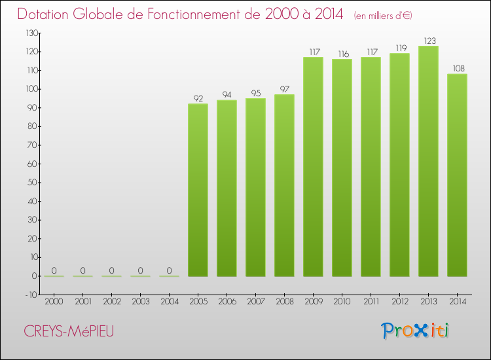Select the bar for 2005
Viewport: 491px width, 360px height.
pyautogui.click(x=198, y=190)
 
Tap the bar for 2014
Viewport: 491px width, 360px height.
pyautogui.click(x=457, y=175)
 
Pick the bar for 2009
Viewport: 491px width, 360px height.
pyautogui.click(x=313, y=166)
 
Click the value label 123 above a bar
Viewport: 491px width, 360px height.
pyautogui.click(x=428, y=41)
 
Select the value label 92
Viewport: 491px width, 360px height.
pyautogui.click(x=198, y=99)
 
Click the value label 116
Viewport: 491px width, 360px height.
pyautogui.click(x=342, y=54)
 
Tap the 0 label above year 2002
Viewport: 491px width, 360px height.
pyautogui.click(x=111, y=270)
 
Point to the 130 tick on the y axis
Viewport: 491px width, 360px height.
pyautogui.click(x=31, y=33)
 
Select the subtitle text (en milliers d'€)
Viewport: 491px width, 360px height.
pyautogui.click(x=383, y=15)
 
